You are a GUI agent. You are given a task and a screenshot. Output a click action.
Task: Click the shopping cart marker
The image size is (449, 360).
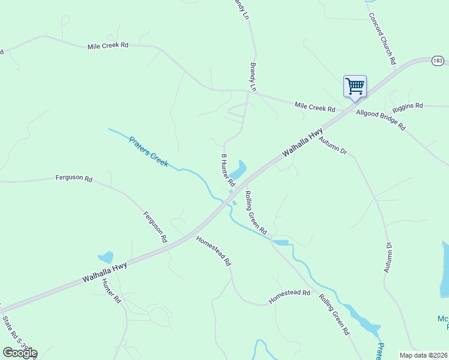(x=355, y=86)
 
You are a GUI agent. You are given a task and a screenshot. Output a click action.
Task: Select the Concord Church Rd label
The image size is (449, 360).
(x=382, y=39)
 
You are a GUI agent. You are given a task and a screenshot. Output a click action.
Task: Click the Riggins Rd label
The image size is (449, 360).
(x=408, y=106)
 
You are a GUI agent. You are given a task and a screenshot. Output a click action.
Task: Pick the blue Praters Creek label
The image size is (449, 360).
(x=149, y=151)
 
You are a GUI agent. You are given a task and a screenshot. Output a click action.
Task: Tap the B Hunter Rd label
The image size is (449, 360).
(x=228, y=170)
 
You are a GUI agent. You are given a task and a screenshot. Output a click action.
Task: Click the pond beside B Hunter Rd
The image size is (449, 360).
(x=238, y=170)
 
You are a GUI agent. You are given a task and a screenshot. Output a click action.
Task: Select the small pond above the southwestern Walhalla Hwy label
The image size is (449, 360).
(x=106, y=257)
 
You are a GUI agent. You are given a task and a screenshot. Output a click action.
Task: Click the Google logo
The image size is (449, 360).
(x=20, y=353)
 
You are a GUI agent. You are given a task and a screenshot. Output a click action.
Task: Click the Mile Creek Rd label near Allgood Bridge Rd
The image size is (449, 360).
(x=315, y=107)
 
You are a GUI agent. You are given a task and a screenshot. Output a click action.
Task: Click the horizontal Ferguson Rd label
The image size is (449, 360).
(x=74, y=178)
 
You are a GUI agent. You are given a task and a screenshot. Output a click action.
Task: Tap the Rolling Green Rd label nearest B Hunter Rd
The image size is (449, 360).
(x=256, y=212)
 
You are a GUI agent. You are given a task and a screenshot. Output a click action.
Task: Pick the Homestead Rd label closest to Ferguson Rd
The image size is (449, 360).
(x=213, y=251)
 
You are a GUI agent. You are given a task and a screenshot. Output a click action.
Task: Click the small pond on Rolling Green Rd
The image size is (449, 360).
(x=280, y=242)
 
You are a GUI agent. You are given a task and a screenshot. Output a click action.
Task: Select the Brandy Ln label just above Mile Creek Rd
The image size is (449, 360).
(x=253, y=76)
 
